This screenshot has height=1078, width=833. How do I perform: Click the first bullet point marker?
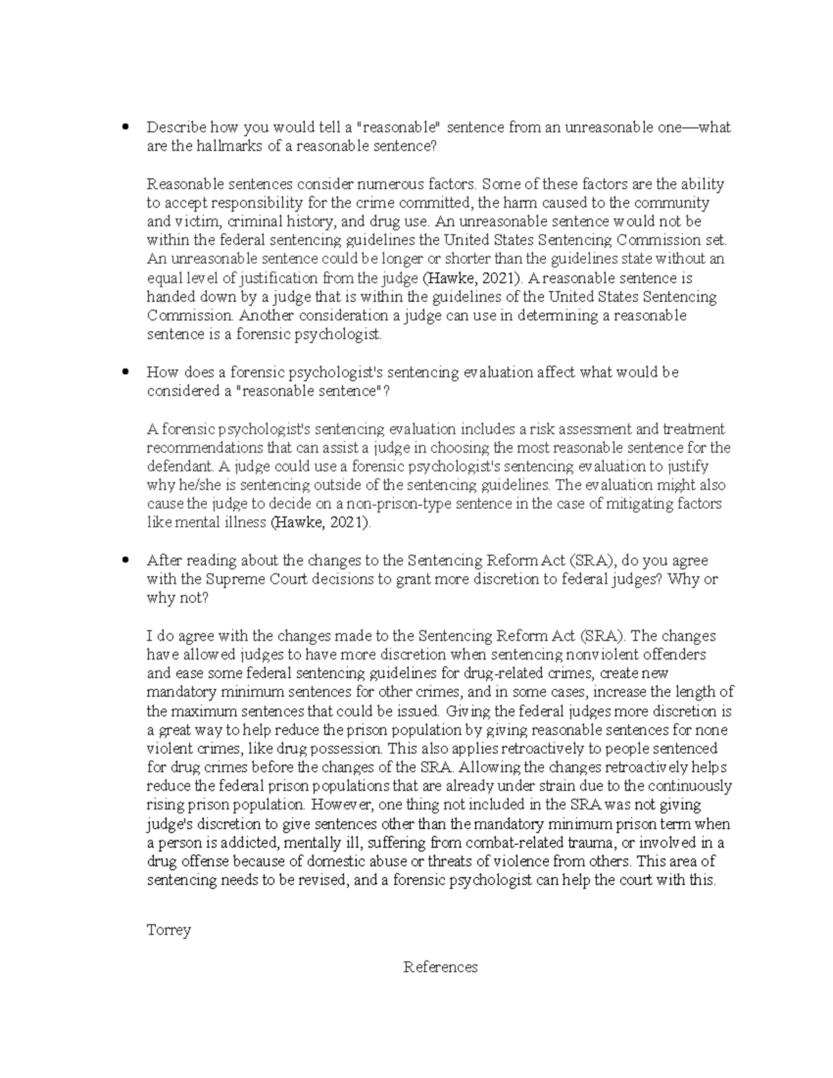125,127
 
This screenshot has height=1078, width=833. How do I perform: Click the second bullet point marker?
125,372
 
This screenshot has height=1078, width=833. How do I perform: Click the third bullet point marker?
125,560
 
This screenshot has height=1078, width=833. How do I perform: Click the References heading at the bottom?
440,967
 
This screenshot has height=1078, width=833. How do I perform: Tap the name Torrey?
169,929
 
